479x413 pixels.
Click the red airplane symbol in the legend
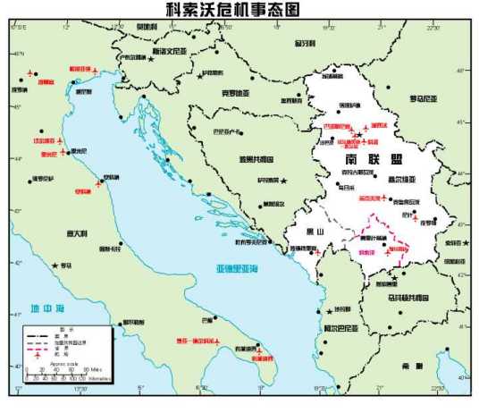coord(37,356)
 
